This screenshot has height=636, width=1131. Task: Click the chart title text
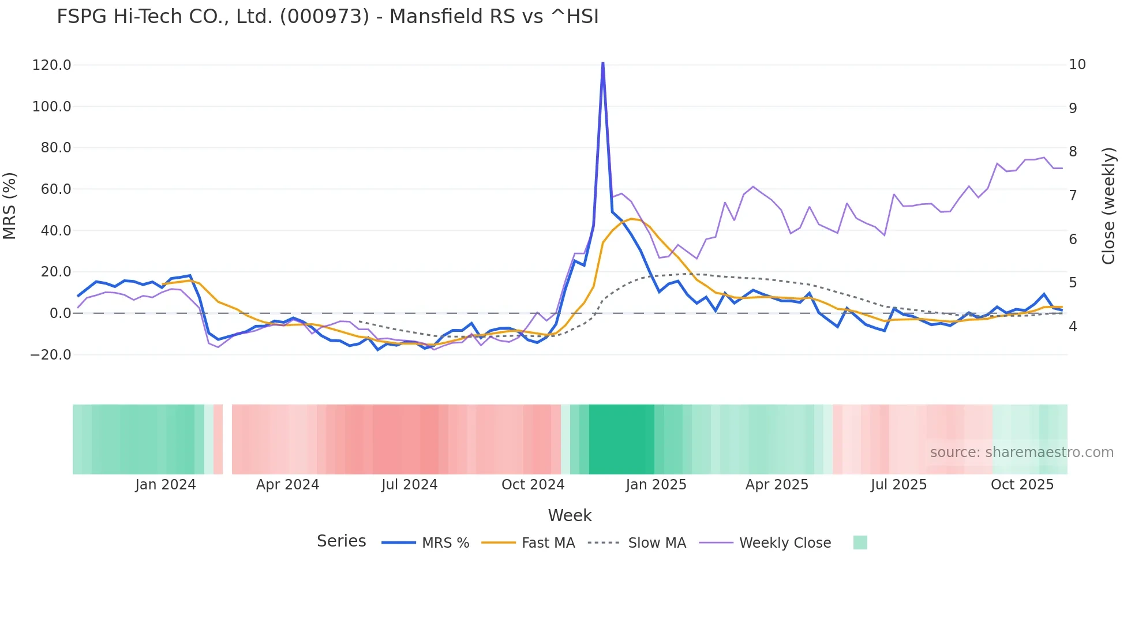(x=328, y=17)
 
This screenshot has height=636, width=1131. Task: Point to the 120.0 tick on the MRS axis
(x=52, y=65)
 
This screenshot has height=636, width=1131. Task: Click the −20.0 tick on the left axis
(x=51, y=355)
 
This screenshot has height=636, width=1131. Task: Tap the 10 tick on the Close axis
(x=1077, y=65)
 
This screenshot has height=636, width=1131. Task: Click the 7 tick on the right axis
(x=1073, y=196)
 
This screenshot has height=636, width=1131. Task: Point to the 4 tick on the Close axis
(x=1073, y=327)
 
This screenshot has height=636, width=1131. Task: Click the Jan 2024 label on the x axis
(x=166, y=485)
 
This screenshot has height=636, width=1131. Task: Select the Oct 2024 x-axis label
(x=533, y=485)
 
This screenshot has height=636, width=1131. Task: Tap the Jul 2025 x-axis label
(x=898, y=485)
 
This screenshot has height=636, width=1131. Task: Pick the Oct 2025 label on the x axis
(x=1022, y=485)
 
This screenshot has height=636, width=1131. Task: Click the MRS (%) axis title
(x=10, y=206)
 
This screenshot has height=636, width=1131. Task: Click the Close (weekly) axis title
(x=1108, y=206)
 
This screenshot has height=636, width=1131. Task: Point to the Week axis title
(x=570, y=515)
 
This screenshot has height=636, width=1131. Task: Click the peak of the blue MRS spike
(x=602, y=63)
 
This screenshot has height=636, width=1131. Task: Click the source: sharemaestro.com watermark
(x=1021, y=452)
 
